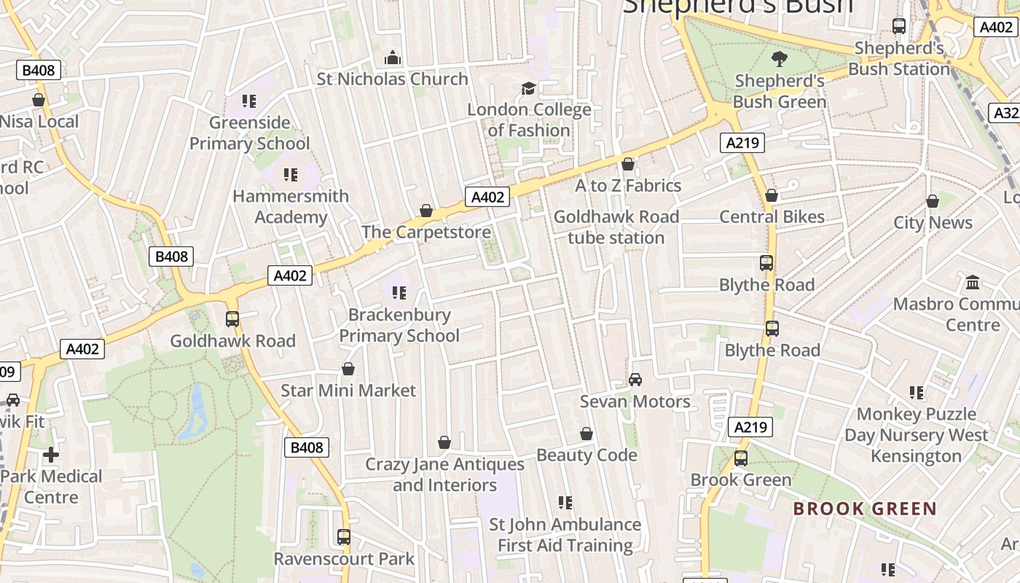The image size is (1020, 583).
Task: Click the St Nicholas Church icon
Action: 393,58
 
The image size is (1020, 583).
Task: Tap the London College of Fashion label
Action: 529,120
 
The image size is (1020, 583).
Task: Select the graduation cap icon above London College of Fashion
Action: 528,89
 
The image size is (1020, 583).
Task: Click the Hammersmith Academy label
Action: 291,207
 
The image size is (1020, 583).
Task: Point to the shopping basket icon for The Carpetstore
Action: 426,211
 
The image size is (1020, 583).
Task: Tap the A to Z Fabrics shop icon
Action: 628,165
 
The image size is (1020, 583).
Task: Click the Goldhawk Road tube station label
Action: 616,227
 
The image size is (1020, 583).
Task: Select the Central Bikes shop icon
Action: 772,195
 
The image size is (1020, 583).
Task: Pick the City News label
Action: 933,223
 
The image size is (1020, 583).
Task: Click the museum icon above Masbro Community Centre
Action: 972,282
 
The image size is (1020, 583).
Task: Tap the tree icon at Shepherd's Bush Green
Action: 779,58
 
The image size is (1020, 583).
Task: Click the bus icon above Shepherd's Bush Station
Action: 899,26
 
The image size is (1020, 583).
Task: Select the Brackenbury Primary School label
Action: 399,325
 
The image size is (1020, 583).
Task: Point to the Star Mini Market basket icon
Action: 348,369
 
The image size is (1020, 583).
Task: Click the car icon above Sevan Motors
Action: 635,380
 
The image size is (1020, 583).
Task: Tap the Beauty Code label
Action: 586,455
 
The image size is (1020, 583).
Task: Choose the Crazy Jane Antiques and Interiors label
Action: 444,474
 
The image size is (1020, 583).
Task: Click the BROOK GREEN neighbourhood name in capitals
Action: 865,509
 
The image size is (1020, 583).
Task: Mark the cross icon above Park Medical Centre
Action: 51,455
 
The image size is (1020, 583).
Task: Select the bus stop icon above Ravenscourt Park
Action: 344,538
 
